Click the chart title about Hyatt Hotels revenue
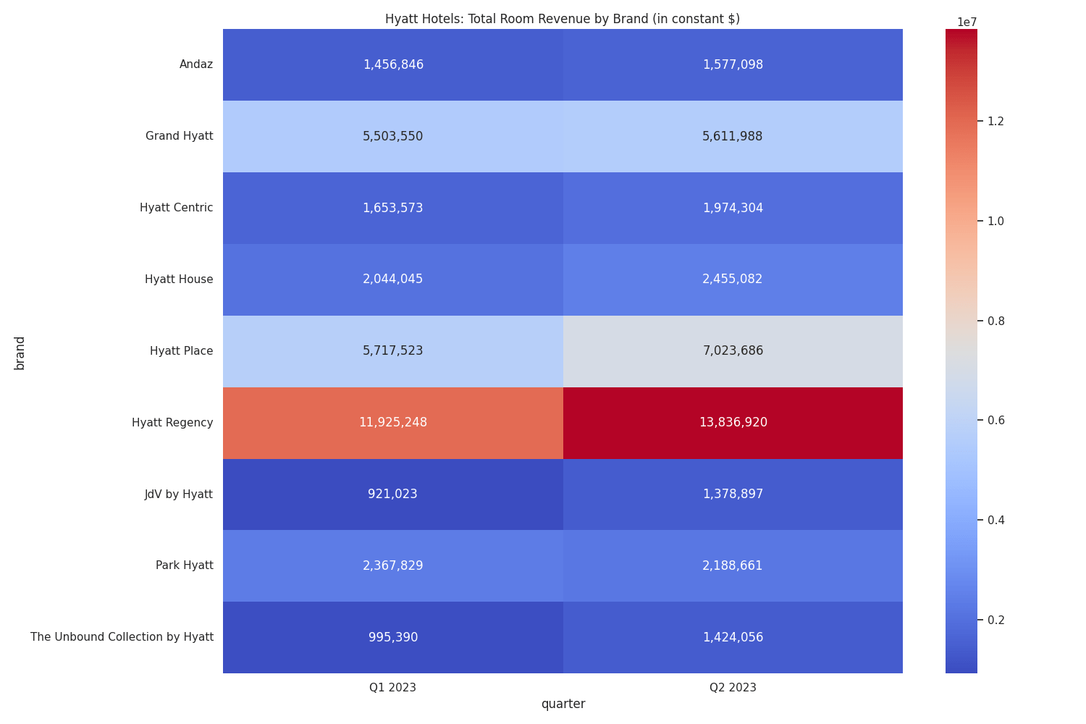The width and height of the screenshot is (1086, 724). pos(562,19)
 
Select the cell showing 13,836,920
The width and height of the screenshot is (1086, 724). pos(733,422)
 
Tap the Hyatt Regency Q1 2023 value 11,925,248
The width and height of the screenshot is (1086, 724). pos(392,422)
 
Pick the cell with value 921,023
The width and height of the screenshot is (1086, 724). pos(392,494)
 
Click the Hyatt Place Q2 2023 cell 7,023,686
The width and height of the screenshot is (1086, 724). pos(733,350)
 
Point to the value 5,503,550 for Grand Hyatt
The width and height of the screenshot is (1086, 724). pos(392,136)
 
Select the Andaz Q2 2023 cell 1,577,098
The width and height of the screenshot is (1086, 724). pos(733,64)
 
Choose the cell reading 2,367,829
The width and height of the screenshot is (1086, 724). pos(392,565)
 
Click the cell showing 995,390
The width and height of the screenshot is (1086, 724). pos(392,637)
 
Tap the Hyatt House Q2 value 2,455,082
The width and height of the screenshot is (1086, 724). pos(733,279)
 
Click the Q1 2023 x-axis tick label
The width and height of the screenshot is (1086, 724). pos(392,688)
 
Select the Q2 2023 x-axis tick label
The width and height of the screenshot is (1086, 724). pos(733,688)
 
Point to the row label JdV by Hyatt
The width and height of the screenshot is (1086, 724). pos(178,494)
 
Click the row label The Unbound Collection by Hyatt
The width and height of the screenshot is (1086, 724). pos(122,637)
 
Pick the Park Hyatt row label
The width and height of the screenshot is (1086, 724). pos(184,565)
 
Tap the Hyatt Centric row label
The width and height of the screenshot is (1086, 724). pos(176,208)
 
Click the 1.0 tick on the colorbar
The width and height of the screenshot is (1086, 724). pos(995,221)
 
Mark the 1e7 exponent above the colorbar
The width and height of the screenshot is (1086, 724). pos(967,22)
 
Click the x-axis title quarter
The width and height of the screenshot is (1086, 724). pos(563,704)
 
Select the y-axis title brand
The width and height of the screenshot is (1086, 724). pos(20,353)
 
